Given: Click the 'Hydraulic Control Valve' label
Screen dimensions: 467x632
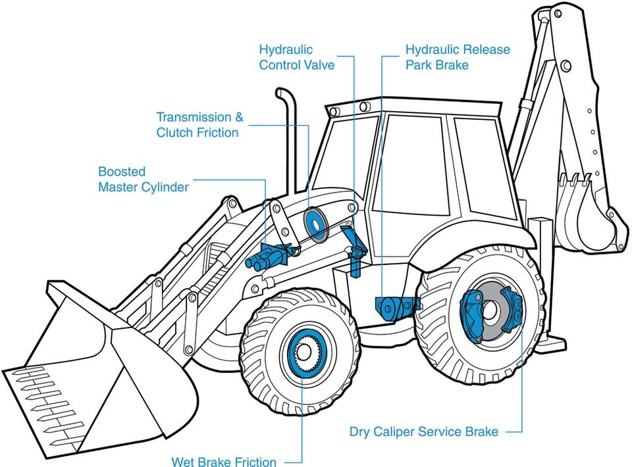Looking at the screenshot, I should (x=296, y=57).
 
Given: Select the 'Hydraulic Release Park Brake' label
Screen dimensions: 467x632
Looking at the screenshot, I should (x=457, y=57).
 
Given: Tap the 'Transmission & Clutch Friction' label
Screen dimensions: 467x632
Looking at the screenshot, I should (x=199, y=125).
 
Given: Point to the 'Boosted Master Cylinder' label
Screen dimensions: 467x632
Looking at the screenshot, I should (x=143, y=180).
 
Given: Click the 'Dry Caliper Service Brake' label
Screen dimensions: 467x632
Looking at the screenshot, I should (x=423, y=432).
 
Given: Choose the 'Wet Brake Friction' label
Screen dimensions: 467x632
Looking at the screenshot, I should (x=224, y=462).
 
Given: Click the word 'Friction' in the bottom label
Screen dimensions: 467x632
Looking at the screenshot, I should (x=253, y=462).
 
